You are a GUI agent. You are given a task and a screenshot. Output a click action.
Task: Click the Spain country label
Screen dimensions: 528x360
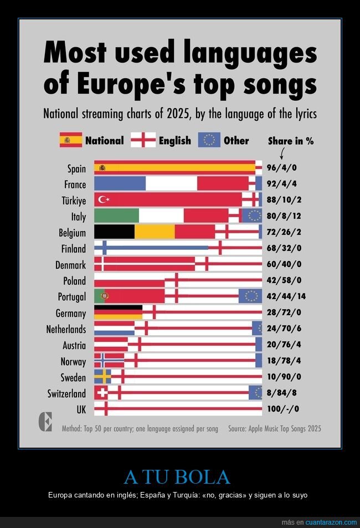pyautogui.click(x=76, y=168)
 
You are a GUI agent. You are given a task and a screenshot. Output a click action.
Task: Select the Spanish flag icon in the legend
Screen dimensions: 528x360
pyautogui.click(x=71, y=140)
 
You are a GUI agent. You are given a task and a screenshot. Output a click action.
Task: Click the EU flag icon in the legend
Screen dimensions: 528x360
pyautogui.click(x=209, y=140)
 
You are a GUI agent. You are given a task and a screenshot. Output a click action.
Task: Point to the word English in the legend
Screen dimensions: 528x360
pyautogui.click(x=174, y=141)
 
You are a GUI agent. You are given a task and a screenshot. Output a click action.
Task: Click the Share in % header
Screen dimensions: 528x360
pyautogui.click(x=291, y=141)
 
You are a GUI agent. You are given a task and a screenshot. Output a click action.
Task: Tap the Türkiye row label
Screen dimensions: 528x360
pyautogui.click(x=73, y=201)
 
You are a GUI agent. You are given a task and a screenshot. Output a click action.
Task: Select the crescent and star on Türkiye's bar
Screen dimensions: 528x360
pyautogui.click(x=104, y=199)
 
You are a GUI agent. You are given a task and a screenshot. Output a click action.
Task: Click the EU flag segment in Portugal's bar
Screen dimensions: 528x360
pyautogui.click(x=250, y=296)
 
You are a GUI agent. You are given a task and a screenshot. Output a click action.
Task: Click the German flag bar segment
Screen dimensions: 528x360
pyautogui.click(x=118, y=312)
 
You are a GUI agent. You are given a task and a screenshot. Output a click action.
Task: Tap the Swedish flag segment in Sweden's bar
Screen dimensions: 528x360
pyautogui.click(x=102, y=377)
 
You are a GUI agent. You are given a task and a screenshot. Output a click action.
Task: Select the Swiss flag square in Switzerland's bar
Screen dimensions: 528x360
pyautogui.click(x=101, y=393)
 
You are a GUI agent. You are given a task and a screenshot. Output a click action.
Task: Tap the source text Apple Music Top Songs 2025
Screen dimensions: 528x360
pyautogui.click(x=274, y=429)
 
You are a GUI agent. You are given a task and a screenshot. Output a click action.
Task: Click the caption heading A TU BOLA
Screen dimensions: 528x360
pyautogui.click(x=177, y=477)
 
